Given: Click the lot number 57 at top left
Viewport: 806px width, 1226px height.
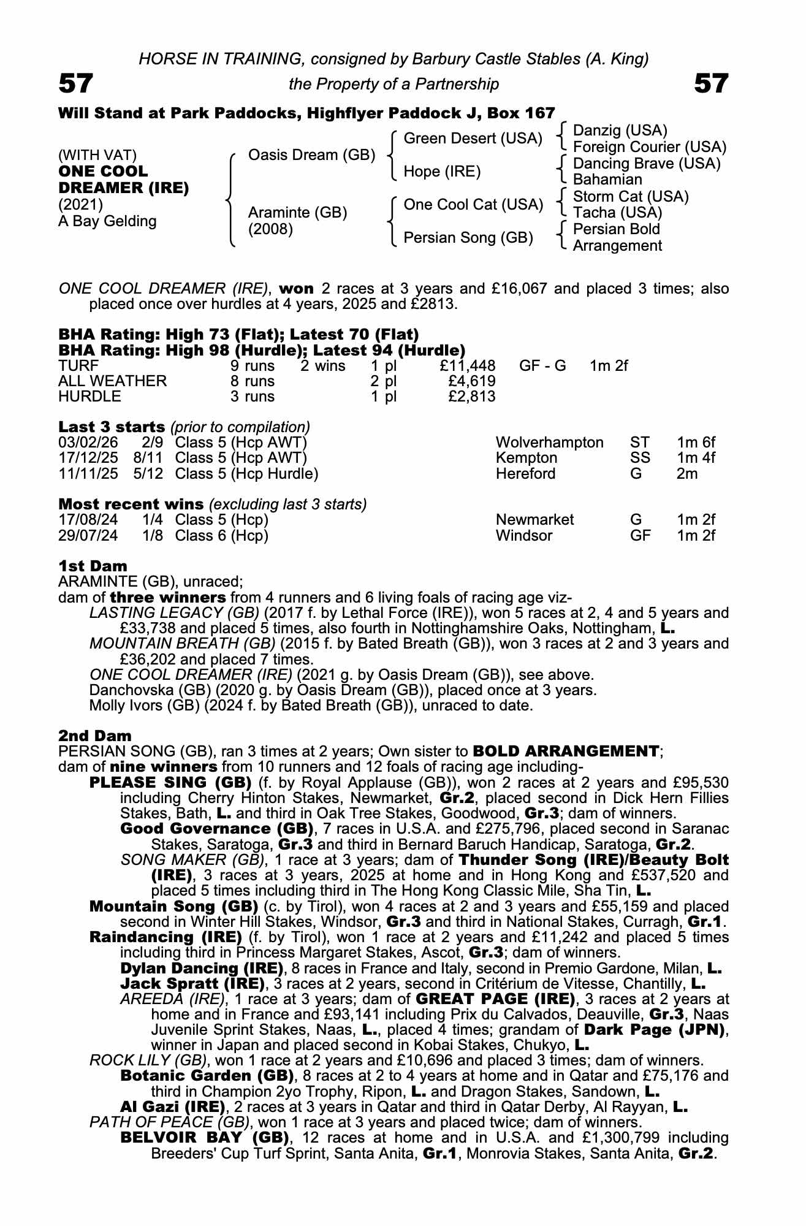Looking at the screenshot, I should tap(76, 83).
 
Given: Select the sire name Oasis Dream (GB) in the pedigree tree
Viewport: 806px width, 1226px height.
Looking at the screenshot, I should tap(311, 155).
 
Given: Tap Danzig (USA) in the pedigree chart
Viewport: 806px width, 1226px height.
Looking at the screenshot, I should tap(620, 131).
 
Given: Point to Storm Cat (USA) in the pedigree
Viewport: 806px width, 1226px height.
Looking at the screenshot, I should tap(631, 197).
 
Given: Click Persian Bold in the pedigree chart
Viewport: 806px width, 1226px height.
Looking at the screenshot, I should tap(616, 229).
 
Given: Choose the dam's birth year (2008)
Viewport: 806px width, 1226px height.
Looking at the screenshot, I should tap(270, 229).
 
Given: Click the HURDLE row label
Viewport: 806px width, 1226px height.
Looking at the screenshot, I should tap(89, 397).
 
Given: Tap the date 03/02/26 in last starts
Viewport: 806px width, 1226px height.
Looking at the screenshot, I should tap(88, 443).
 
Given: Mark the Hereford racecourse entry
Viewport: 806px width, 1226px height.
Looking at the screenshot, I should tap(525, 474).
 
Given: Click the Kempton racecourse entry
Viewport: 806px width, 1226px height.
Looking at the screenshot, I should tap(526, 458).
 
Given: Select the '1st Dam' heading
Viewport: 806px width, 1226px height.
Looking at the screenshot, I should tap(93, 566).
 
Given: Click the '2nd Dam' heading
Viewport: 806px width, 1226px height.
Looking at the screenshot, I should tap(94, 735).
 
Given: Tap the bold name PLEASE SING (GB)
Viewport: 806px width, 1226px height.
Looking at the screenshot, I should tap(170, 783).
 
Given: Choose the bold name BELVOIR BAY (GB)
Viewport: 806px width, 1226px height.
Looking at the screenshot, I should tap(205, 1138).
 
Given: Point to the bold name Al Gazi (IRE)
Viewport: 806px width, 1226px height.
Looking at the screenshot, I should tap(172, 1107).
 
